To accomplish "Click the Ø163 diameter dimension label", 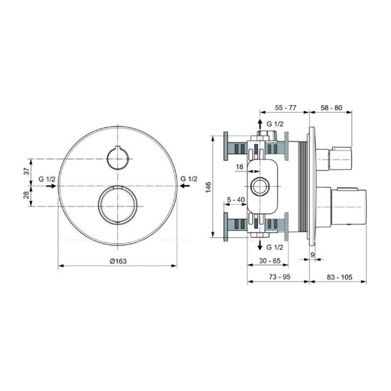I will pyautogui.click(x=118, y=260).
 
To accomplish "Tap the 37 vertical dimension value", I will pyautogui.click(x=27, y=172).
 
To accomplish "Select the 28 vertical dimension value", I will pyautogui.click(x=27, y=195).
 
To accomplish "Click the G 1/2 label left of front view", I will pyautogui.click(x=47, y=178).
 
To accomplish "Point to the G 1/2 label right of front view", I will pyautogui.click(x=189, y=178).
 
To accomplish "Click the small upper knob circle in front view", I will pyautogui.click(x=117, y=159).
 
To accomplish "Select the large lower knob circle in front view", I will pyautogui.click(x=118, y=205).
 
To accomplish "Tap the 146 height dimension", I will pyautogui.click(x=208, y=187).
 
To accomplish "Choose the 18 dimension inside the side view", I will pyautogui.click(x=239, y=166).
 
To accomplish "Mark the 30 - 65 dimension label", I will pyautogui.click(x=269, y=260).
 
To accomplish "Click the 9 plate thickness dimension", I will pyautogui.click(x=312, y=254).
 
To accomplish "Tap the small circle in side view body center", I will pyautogui.click(x=260, y=187).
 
